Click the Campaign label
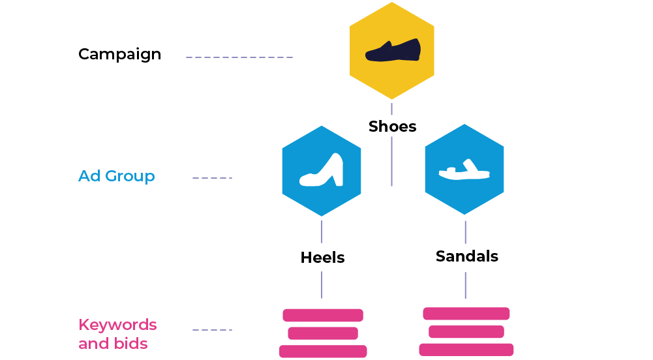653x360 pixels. tap(119, 54)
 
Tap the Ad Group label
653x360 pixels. tap(116, 176)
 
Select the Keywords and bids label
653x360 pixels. tap(117, 334)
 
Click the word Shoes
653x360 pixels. tap(392, 127)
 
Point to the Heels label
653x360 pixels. tap(322, 258)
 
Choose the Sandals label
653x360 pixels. tap(467, 256)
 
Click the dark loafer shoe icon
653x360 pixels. tap(392, 51)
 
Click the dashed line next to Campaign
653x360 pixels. tap(239, 57)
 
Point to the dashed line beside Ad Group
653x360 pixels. tap(212, 178)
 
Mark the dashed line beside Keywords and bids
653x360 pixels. tap(212, 330)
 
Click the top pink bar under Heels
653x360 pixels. tap(322, 315)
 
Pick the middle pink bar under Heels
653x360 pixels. tap(322, 333)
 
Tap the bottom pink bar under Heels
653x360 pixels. tap(323, 352)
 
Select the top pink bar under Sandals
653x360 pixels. tap(466, 314)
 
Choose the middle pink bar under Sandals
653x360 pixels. tap(466, 332)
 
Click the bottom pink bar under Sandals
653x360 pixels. tap(466, 350)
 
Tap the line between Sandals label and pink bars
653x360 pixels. tap(465, 284)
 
